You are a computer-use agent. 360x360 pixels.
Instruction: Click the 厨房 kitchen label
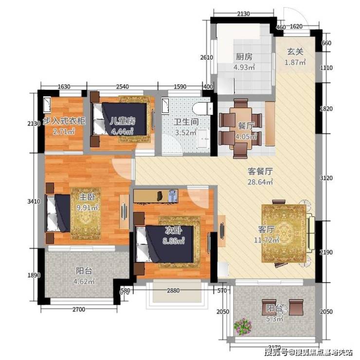point(244,56)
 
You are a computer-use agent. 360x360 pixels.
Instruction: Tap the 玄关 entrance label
point(295,52)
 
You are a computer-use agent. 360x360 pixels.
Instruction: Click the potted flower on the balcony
point(243,326)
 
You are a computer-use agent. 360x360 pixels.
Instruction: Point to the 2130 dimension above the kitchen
point(243,14)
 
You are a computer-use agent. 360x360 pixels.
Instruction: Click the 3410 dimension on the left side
point(34,201)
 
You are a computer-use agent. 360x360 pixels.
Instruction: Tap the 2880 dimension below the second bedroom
point(173,290)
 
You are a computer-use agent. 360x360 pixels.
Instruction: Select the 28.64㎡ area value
point(260,182)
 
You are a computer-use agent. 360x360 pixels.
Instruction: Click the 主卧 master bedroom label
point(87,197)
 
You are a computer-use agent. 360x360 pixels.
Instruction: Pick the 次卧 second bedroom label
point(173,230)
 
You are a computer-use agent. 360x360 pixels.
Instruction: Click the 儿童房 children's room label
point(123,121)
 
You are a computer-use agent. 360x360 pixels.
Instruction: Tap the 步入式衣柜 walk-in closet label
point(64,121)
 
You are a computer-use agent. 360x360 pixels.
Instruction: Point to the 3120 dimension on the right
point(326,178)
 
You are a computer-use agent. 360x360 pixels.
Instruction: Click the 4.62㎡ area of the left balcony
point(84,281)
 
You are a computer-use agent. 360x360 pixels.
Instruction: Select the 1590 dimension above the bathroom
point(180,87)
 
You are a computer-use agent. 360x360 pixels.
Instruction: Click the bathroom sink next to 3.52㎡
point(203,139)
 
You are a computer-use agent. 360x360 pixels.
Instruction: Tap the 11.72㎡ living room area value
point(266,240)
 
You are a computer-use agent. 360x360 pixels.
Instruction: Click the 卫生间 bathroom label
point(186,122)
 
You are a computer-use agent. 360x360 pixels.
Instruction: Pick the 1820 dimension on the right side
point(326,108)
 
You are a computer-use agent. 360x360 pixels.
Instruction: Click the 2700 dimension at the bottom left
point(79,309)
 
